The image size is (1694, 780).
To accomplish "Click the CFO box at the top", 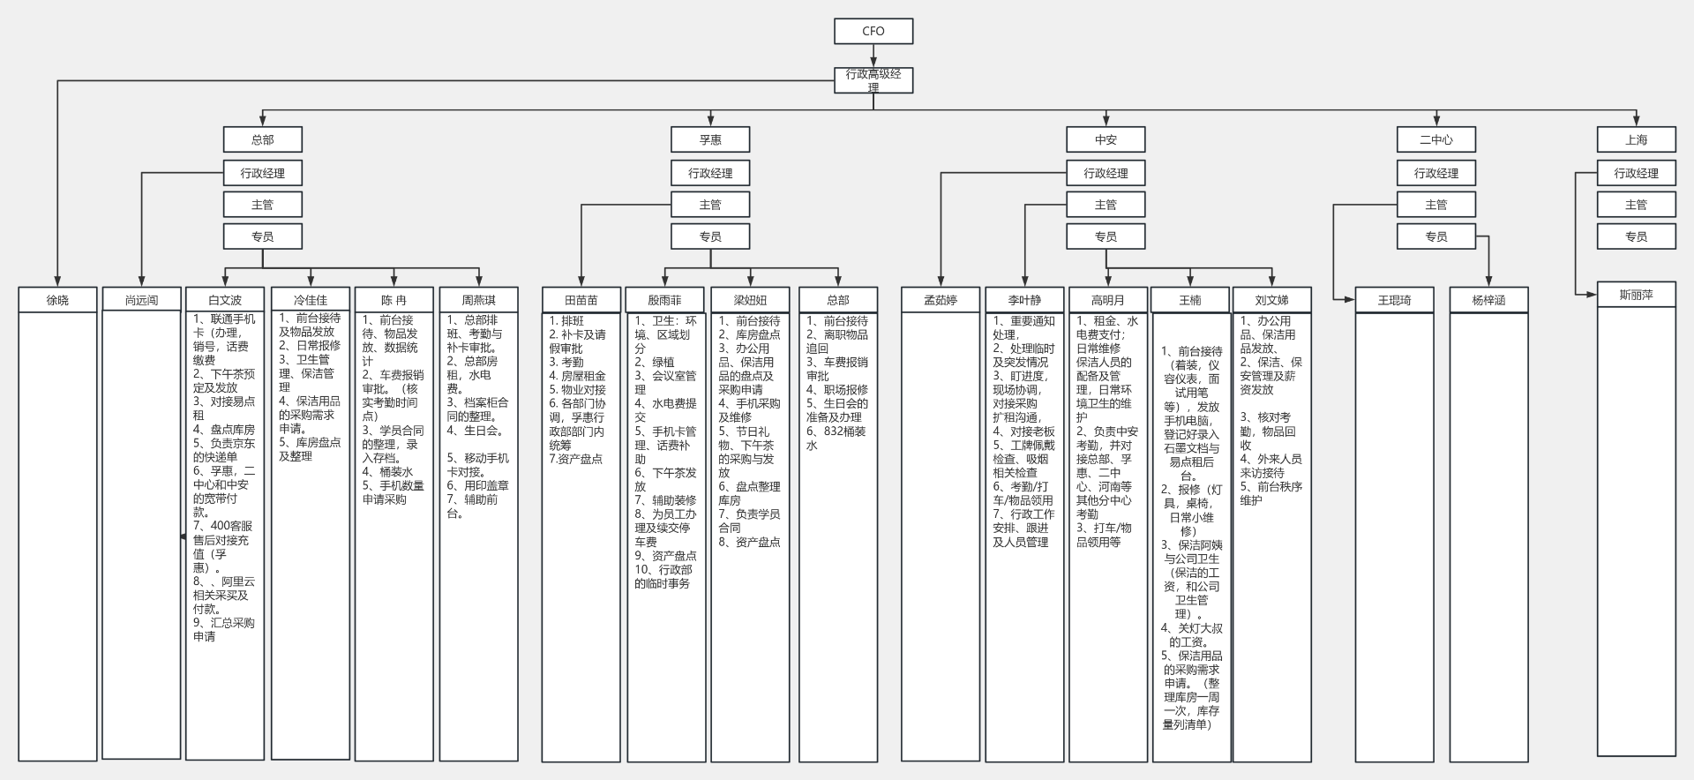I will click(x=873, y=31).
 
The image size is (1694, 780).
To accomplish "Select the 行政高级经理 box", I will click(x=873, y=80).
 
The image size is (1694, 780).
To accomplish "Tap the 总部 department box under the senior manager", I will click(x=263, y=139).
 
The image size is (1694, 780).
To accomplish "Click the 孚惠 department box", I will click(x=710, y=139).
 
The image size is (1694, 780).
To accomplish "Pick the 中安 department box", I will click(x=1106, y=139).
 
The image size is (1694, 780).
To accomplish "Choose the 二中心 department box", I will click(x=1435, y=139).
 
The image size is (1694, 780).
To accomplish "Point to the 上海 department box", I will click(x=1636, y=139).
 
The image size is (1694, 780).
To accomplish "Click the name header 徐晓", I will click(x=57, y=300).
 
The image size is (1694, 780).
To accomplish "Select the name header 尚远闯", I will click(x=142, y=300).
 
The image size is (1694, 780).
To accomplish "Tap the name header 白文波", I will click(x=225, y=300).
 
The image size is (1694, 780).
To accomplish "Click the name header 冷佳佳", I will click(x=311, y=300).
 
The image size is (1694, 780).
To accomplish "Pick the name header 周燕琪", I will click(x=479, y=300).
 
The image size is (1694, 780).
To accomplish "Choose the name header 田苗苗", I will click(x=581, y=300).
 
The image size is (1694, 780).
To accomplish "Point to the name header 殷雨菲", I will click(x=665, y=300).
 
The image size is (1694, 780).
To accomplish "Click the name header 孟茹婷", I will click(x=941, y=300).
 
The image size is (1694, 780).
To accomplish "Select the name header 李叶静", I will click(x=1024, y=300).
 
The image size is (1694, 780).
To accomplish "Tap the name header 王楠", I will click(x=1190, y=300).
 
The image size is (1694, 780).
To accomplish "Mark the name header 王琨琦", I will click(x=1394, y=300).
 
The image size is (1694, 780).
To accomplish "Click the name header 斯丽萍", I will click(x=1636, y=295).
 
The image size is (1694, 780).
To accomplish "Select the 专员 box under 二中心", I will click(x=1435, y=236).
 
